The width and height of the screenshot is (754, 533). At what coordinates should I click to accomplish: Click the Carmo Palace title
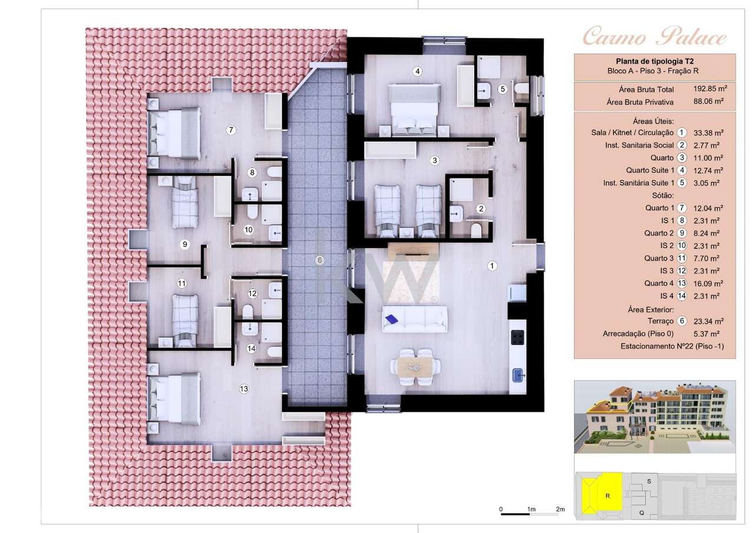[654, 38]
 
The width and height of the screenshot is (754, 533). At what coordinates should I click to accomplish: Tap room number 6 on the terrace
[320, 260]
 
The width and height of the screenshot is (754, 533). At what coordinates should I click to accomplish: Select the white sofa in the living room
[414, 318]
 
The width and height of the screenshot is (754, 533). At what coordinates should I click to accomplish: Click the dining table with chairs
[416, 368]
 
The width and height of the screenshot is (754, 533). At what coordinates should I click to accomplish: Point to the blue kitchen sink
[518, 373]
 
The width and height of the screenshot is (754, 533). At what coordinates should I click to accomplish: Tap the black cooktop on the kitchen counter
[518, 337]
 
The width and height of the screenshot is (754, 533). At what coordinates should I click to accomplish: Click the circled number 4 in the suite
[418, 72]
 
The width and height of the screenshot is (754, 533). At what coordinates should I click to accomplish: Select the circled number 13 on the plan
[243, 389]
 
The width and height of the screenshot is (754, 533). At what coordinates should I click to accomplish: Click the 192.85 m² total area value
[710, 90]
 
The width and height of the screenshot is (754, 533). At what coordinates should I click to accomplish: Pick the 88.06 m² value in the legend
[710, 102]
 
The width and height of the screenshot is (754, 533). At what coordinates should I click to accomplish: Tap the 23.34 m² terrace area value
[710, 322]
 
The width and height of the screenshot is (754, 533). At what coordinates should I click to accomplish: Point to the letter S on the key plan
[649, 481]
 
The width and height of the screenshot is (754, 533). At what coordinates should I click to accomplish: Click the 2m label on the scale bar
[560, 509]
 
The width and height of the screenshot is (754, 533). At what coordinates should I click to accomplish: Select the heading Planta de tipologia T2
[654, 61]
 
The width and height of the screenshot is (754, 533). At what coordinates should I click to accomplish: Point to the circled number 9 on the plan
[184, 244]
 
